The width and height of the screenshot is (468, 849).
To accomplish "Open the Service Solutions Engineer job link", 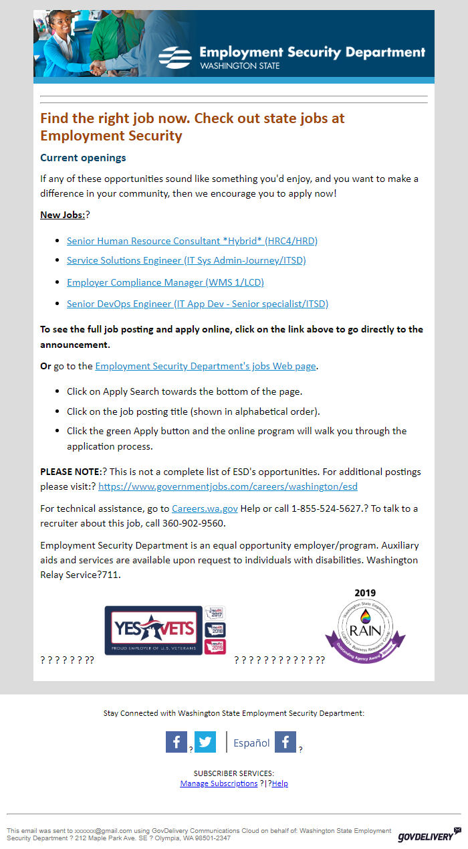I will [x=186, y=260].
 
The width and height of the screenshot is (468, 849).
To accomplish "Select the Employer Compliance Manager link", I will [x=165, y=282].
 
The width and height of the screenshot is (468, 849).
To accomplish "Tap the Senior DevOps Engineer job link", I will [x=197, y=304].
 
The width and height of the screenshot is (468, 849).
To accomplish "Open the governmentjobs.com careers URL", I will [x=228, y=487].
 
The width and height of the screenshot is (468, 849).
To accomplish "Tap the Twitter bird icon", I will [x=205, y=742].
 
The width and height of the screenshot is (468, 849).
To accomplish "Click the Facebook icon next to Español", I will [x=285, y=742].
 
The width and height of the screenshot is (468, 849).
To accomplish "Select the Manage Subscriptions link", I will [x=219, y=783].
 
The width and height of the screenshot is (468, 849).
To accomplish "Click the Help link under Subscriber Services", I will [x=280, y=783].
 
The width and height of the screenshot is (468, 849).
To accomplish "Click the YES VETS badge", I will [x=154, y=630].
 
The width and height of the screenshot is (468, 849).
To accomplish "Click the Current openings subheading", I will [x=83, y=158].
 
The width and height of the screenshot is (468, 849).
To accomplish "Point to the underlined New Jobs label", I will [x=62, y=215].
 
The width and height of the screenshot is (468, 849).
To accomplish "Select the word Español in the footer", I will [x=251, y=743].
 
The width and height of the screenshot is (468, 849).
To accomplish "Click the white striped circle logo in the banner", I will [x=175, y=57].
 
